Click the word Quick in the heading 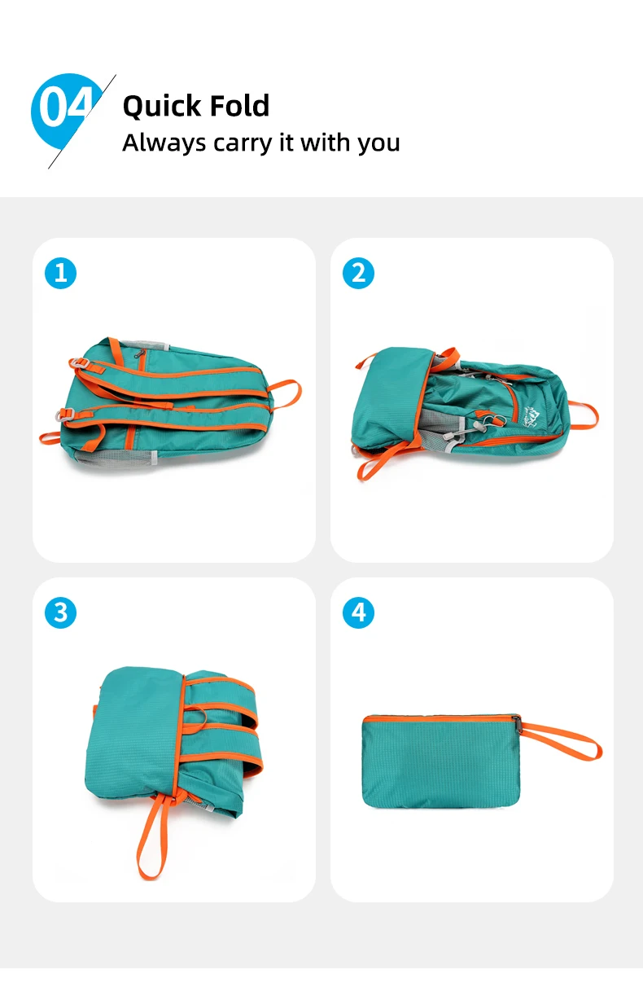click(162, 106)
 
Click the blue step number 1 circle click(60, 273)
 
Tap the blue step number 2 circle click(358, 273)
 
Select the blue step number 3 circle click(60, 612)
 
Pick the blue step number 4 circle click(358, 612)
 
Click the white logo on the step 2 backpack click(530, 417)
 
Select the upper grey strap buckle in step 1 click(79, 362)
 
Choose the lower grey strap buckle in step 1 click(65, 414)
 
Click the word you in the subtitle click(378, 144)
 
